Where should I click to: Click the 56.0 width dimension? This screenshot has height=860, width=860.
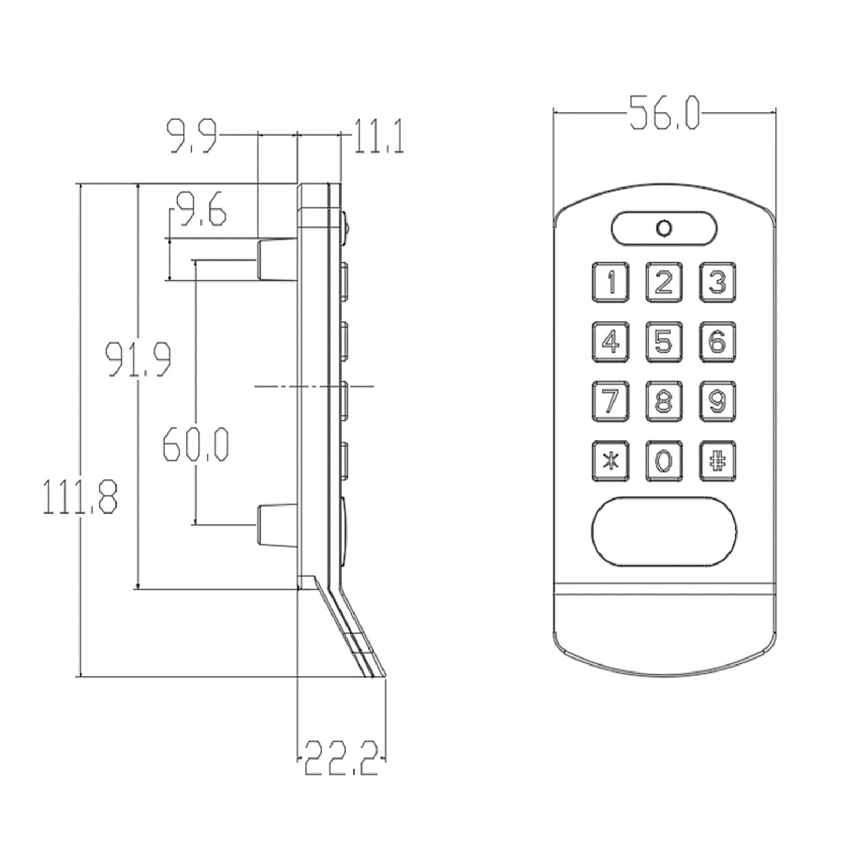tap(664, 113)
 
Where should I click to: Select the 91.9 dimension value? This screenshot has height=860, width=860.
tap(139, 358)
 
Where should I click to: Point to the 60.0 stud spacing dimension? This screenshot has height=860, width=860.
tap(196, 444)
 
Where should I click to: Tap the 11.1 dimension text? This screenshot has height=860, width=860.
tap(378, 136)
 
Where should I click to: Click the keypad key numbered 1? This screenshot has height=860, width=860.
tap(610, 282)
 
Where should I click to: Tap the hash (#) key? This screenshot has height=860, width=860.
tap(717, 461)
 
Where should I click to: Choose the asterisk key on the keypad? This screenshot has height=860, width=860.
tap(610, 461)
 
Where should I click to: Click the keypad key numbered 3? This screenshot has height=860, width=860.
tap(717, 282)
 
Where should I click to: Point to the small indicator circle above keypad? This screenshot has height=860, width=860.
tap(664, 228)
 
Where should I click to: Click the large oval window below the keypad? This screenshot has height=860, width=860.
tap(664, 531)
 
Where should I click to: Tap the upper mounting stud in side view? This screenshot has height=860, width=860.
tap(276, 260)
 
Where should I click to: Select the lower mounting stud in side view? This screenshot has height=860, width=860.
tap(276, 525)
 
